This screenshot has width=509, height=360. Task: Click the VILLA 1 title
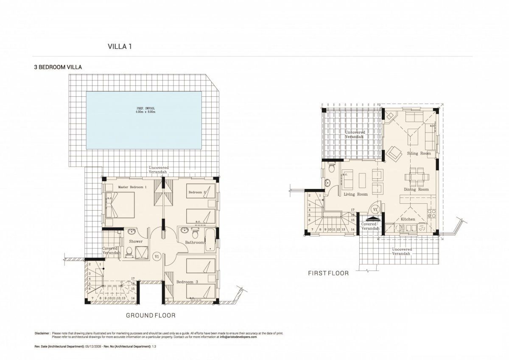click(x=120, y=47)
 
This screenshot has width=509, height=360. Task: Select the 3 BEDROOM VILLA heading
click(x=58, y=67)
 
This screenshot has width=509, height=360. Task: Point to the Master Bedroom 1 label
click(x=132, y=187)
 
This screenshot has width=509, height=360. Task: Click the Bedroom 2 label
click(x=197, y=192)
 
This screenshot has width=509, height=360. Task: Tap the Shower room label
click(x=136, y=241)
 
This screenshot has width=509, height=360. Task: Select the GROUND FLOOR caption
click(x=151, y=315)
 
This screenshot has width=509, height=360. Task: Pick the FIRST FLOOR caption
click(x=328, y=273)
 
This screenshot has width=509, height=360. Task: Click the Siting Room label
click(x=419, y=153)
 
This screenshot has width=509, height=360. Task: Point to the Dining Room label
click(x=416, y=189)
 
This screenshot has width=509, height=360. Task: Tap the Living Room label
click(x=355, y=194)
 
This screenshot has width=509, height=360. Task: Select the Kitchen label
click(x=408, y=219)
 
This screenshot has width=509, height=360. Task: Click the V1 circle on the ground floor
click(x=157, y=256)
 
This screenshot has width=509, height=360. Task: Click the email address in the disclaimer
click(x=238, y=337)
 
